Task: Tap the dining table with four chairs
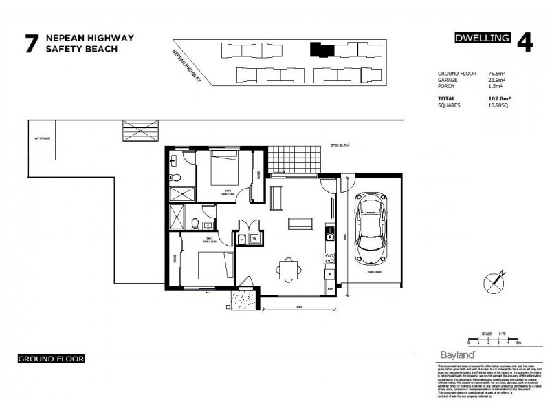(x=288, y=268)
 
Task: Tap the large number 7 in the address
(x=31, y=44)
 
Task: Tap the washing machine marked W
(x=254, y=239)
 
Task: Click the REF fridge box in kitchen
(x=330, y=287)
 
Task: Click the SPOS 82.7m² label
(x=340, y=145)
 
